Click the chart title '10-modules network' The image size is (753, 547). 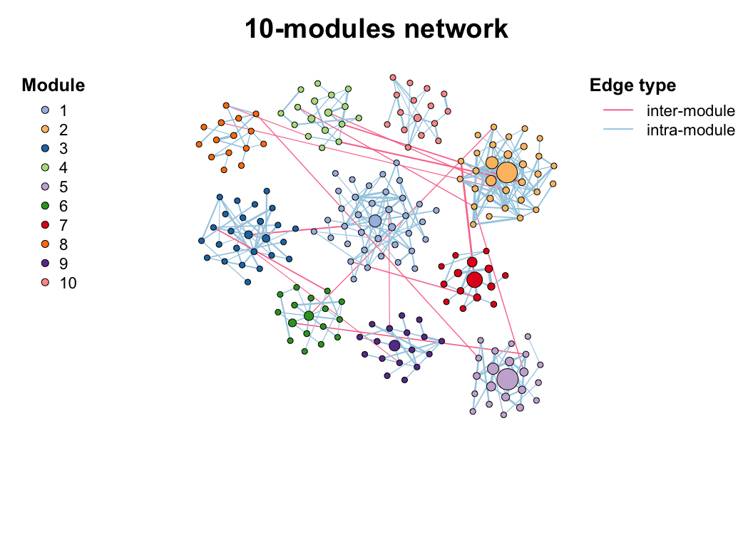376,29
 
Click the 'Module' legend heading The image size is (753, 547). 53,85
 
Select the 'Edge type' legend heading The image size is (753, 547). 632,85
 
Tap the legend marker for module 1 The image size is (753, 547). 46,111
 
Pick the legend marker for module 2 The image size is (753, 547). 46,130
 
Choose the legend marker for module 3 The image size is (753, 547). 46,149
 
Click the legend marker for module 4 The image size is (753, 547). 46,168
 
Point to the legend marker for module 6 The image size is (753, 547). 46,207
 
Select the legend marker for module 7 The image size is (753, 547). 46,226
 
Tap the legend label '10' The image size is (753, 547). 68,283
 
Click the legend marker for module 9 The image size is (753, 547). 46,264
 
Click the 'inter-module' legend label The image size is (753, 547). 690,111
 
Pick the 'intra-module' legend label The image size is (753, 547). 690,130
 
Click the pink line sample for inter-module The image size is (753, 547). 618,111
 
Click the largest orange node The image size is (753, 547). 506,172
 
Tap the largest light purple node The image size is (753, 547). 507,379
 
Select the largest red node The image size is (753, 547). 475,280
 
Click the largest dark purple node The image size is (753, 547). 394,345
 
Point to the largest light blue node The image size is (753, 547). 375,221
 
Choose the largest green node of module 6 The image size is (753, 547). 308,316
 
